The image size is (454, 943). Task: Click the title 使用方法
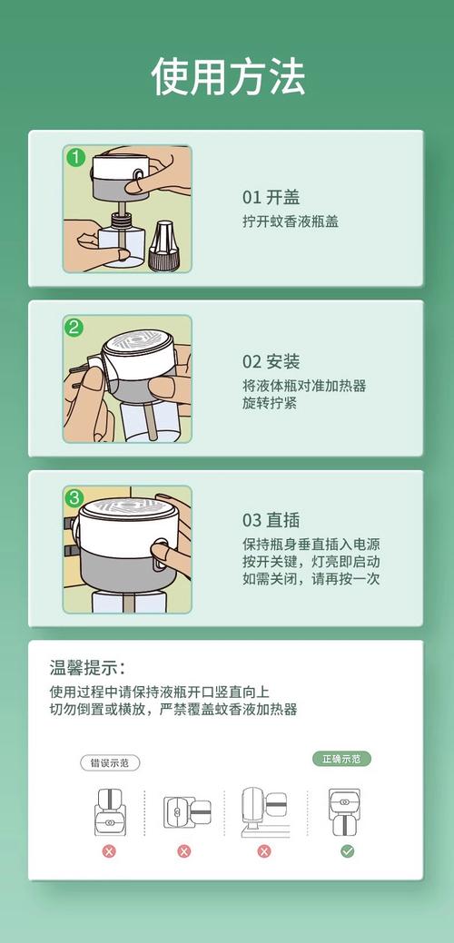click(227, 76)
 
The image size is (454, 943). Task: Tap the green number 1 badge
click(75, 158)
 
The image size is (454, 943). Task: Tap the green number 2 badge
click(74, 328)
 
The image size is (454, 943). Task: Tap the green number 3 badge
click(74, 498)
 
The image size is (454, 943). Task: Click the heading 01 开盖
click(271, 197)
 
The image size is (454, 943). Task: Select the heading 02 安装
click(271, 362)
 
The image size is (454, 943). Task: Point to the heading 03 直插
click(271, 521)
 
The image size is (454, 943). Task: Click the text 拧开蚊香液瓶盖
click(291, 221)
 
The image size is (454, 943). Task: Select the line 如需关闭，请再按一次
click(311, 578)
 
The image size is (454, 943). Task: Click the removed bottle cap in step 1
click(161, 245)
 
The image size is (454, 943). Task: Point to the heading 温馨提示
click(88, 668)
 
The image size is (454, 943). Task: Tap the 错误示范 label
click(110, 763)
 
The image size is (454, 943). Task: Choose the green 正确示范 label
click(341, 759)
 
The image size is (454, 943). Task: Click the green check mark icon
click(347, 851)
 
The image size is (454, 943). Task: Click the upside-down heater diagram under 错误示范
click(109, 812)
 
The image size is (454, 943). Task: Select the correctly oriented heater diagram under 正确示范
click(345, 812)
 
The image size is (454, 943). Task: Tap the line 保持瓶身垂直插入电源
click(311, 545)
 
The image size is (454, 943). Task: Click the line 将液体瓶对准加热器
click(304, 386)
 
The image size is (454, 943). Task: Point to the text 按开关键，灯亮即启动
click(311, 562)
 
